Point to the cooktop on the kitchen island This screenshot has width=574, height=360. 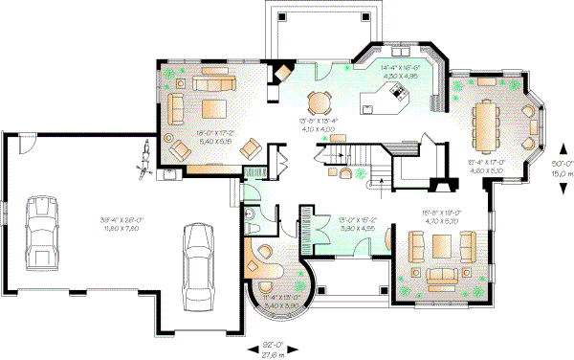pyautogui.click(x=396, y=93)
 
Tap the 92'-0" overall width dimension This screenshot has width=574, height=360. pyautogui.click(x=276, y=345)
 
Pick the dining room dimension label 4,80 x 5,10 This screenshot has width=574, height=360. pyautogui.click(x=486, y=171)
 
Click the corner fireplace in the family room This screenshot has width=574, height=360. pyautogui.click(x=282, y=74)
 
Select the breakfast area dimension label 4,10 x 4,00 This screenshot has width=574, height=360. pyautogui.click(x=316, y=126)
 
